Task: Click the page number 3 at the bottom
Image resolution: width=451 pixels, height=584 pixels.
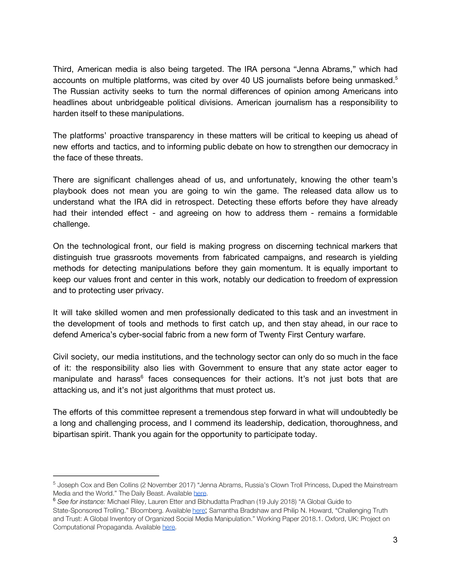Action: pos(395,540)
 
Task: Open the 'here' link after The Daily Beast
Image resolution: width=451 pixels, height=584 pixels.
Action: pos(200,493)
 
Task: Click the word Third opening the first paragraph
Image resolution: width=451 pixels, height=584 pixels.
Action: pos(63,69)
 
